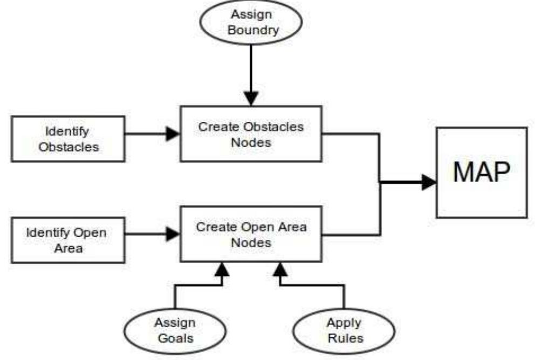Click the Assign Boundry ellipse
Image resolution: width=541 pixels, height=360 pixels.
[x=251, y=22]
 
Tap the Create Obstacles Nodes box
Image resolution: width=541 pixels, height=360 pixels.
[x=251, y=134]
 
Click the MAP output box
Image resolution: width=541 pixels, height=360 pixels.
[x=481, y=172]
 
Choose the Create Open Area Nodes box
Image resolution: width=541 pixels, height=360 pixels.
[x=251, y=234]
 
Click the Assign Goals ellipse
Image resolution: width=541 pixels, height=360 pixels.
[x=175, y=330]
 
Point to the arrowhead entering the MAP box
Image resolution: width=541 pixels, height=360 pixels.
[x=429, y=182]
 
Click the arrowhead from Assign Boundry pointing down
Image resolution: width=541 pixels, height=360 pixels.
[x=251, y=98]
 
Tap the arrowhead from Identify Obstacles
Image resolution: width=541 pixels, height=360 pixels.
[x=172, y=134]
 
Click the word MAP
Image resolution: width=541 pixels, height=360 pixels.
[x=481, y=172]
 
